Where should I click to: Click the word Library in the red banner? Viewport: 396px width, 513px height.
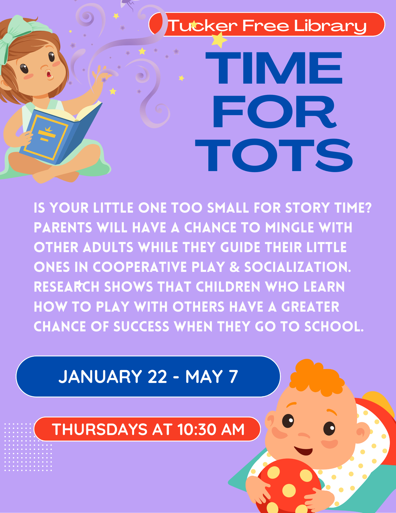[x=330, y=26]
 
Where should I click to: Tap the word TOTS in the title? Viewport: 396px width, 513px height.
[x=274, y=155]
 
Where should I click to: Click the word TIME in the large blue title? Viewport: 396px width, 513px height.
[x=274, y=68]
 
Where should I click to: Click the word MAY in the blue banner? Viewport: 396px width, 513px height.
[x=204, y=377]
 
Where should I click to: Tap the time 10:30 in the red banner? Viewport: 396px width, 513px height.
[x=197, y=429]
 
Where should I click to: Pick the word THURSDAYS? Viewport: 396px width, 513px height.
[x=100, y=429]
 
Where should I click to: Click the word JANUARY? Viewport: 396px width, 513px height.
[x=100, y=377]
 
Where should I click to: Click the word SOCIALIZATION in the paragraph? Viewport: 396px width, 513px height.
[x=298, y=267]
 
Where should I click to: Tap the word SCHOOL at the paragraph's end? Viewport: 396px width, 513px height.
[x=334, y=327]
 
